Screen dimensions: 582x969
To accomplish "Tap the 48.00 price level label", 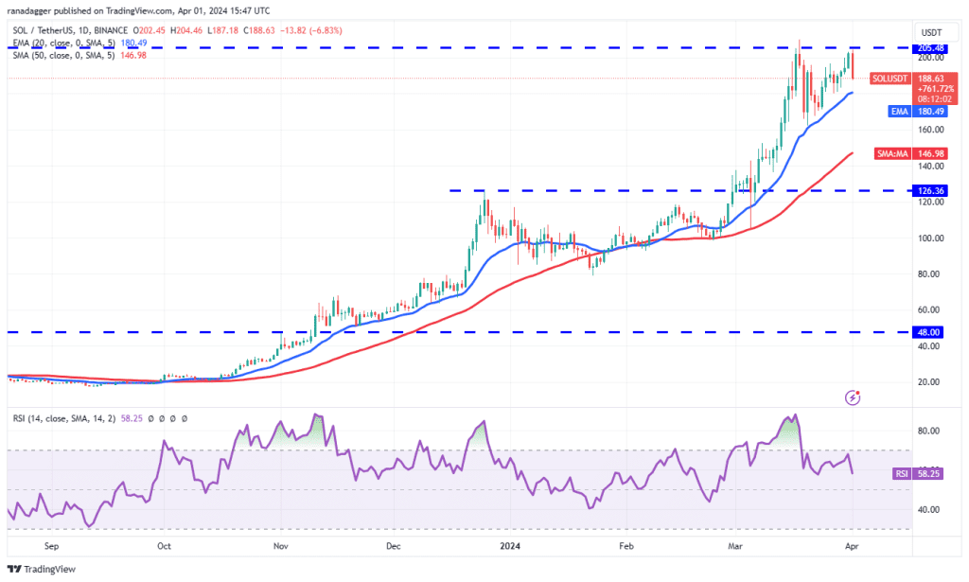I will tap(928, 332).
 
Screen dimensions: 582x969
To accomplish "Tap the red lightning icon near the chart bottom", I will tap(854, 398).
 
